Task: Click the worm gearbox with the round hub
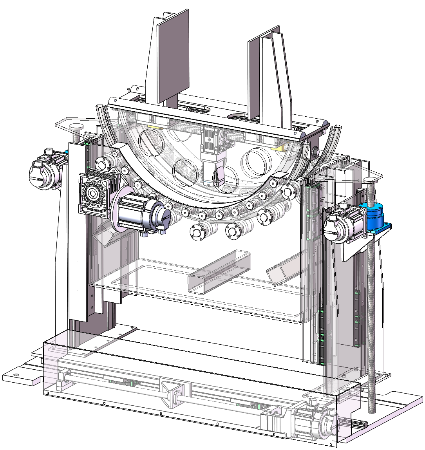pyautogui.click(x=94, y=194)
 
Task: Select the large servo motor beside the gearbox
pyautogui.click(x=143, y=213)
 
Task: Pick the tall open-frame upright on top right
pyautogui.click(x=272, y=78)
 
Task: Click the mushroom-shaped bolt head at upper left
pyautogui.click(x=77, y=127)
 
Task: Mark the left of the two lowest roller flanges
pyautogui.click(x=197, y=233)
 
